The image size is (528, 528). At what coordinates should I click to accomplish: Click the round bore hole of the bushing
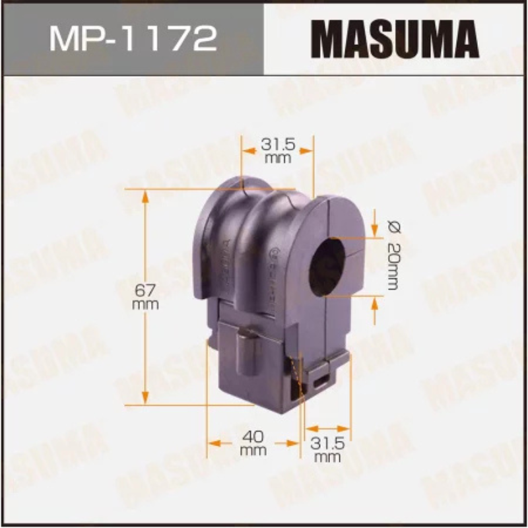pos(328,265)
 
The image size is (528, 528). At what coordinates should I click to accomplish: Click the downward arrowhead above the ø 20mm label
pos(375,231)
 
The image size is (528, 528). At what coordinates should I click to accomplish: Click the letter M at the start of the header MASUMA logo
pos(325,38)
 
